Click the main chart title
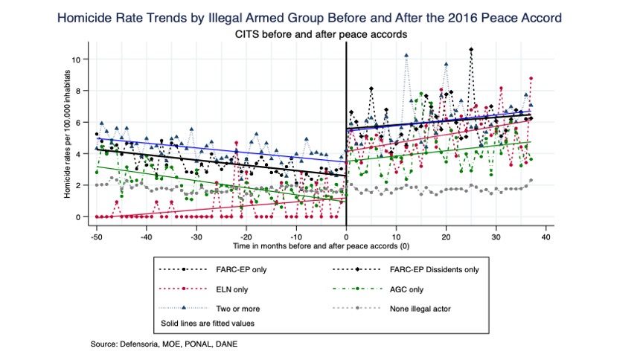tap(320, 16)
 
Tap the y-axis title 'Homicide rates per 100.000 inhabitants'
tap(68, 134)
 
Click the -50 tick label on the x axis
tap(96, 236)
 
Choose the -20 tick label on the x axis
tap(246, 236)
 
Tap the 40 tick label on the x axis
tap(547, 236)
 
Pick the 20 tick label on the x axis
tap(447, 236)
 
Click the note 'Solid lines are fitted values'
tap(209, 324)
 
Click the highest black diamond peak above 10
tap(471, 50)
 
